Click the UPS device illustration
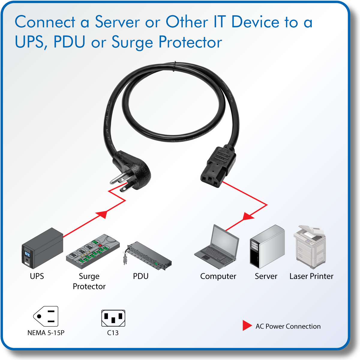42,249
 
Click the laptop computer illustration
217,247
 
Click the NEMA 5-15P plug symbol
46,316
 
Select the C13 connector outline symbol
113,318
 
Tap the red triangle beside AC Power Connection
247,325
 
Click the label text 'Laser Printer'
311,276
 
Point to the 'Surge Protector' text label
89,281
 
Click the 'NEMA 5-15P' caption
46,333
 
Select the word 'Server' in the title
117,22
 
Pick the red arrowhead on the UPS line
102,214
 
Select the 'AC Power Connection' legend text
288,326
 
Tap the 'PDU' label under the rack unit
141,276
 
